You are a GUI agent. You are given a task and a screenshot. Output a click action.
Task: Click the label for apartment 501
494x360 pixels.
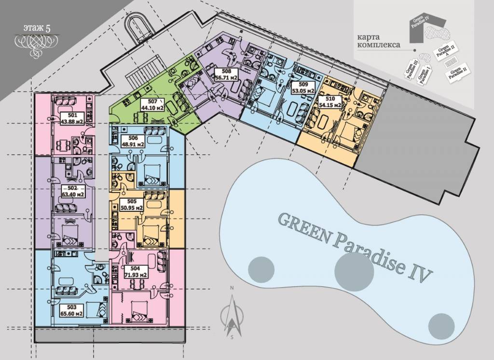click(x=72, y=119)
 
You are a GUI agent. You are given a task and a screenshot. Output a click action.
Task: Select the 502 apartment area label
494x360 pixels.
click(x=72, y=191)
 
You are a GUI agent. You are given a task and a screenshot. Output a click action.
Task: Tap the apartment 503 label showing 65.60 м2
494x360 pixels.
click(x=72, y=310)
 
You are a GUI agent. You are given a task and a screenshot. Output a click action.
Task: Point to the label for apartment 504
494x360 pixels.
click(x=135, y=272)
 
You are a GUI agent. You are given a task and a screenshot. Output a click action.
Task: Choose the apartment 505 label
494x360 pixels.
click(x=132, y=205)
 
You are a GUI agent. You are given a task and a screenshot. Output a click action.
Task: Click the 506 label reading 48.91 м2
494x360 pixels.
click(x=133, y=141)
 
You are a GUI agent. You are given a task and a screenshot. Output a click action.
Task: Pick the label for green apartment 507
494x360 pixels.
click(x=152, y=105)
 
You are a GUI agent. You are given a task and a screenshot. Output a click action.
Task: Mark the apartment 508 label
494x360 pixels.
click(x=226, y=75)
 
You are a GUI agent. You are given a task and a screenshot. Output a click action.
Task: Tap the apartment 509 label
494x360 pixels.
click(x=303, y=88)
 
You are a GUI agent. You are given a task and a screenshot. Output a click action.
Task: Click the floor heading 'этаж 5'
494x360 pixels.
click(x=37, y=28)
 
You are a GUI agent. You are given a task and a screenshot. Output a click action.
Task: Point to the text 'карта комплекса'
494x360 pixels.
click(x=378, y=41)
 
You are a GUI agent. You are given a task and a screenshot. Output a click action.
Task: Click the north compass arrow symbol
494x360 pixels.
click(x=232, y=315)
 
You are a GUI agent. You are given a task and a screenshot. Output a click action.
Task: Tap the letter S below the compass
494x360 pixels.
click(x=232, y=337)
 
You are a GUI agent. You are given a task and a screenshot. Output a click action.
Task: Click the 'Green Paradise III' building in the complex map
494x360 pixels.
click(x=411, y=68)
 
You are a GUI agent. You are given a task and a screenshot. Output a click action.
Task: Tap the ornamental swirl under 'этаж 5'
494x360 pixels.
click(x=34, y=44)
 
